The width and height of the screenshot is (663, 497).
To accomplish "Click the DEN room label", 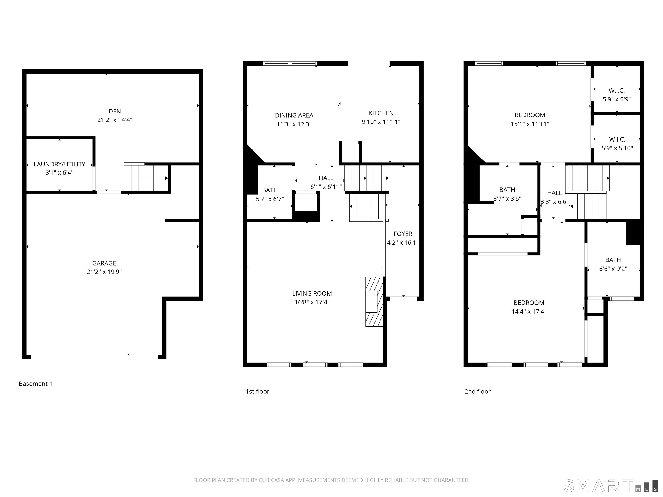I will click(115, 112).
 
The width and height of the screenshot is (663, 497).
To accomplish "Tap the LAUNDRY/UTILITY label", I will click(59, 164).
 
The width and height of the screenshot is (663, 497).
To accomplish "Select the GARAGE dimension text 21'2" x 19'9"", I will click(104, 272).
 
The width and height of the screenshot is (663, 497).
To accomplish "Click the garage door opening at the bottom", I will click(94, 357).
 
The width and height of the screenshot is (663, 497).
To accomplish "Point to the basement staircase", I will click(146, 178).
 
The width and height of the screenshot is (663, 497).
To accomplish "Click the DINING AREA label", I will click(294, 115).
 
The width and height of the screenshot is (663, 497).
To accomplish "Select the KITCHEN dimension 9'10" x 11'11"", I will click(381, 122).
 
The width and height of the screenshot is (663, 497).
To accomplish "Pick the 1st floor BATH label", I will click(270, 190).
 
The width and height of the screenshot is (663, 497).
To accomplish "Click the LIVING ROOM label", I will click(312, 293).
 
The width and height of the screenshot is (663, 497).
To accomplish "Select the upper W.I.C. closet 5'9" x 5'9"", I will click(617, 95).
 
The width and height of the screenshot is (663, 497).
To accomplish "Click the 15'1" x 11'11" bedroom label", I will click(530, 119).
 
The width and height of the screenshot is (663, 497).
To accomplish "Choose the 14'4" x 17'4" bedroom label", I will click(529, 307).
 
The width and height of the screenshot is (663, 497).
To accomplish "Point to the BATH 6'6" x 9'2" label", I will click(613, 264).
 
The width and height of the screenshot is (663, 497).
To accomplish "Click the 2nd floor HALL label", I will click(554, 193).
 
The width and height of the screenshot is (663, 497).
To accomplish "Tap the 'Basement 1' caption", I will click(36, 384).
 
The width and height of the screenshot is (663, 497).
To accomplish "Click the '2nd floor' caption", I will click(477, 392).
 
